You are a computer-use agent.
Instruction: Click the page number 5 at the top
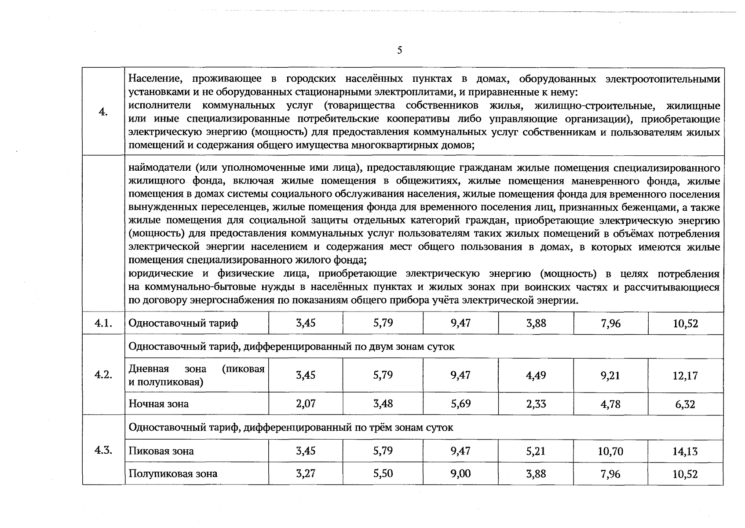click(399, 50)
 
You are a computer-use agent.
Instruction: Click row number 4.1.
click(103, 323)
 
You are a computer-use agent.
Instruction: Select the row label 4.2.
click(103, 375)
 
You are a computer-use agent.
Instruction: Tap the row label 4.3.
click(103, 450)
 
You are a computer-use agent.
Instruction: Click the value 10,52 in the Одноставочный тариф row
click(685, 324)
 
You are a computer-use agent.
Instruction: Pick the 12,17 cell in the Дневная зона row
click(685, 376)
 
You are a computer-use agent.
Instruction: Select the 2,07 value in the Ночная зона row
click(306, 403)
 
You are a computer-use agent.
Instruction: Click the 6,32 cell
click(685, 404)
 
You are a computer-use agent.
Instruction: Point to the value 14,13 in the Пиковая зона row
click(685, 451)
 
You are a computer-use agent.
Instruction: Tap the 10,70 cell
click(610, 451)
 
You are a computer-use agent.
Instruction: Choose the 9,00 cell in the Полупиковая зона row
click(460, 473)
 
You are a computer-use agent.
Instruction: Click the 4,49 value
click(536, 375)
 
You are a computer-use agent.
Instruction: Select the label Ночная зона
click(158, 404)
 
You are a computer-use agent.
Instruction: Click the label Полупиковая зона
click(173, 474)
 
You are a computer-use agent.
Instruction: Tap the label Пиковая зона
click(161, 451)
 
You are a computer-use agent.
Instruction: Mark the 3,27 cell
click(306, 473)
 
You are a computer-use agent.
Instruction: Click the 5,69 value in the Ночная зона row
click(460, 403)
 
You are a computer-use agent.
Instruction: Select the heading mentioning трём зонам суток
click(291, 427)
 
